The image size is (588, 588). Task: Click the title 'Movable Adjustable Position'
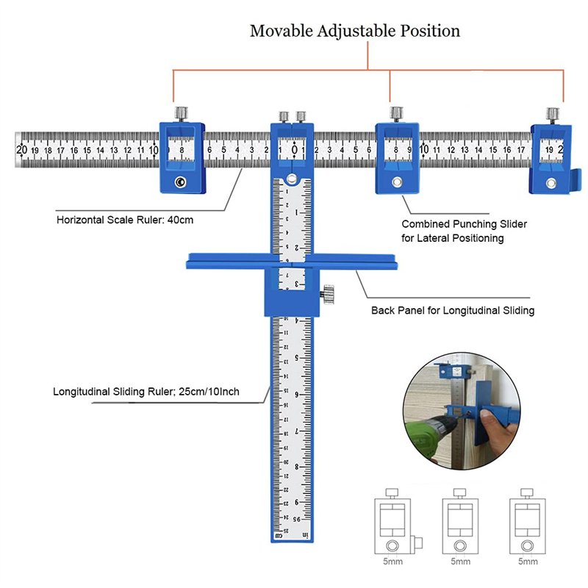tap(355, 31)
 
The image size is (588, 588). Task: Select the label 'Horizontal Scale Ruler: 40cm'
tap(124, 220)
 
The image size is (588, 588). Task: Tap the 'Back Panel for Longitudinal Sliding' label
tap(453, 311)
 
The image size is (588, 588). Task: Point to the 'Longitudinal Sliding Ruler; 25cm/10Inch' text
tap(146, 392)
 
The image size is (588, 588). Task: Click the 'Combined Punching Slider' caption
tap(464, 224)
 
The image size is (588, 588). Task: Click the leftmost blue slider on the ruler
tap(181, 157)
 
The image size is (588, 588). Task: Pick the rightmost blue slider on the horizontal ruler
tap(552, 158)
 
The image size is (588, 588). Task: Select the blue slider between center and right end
tap(397, 158)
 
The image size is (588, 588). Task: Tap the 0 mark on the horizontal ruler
tap(295, 150)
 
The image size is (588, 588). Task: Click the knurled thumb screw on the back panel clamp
tap(327, 296)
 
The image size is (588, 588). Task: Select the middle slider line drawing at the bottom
tap(460, 523)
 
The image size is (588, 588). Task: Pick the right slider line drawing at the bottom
tap(526, 523)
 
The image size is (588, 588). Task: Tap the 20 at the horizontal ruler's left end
tap(21, 149)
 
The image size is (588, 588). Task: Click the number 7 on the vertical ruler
tap(296, 431)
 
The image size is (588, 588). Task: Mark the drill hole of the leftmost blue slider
tap(180, 182)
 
